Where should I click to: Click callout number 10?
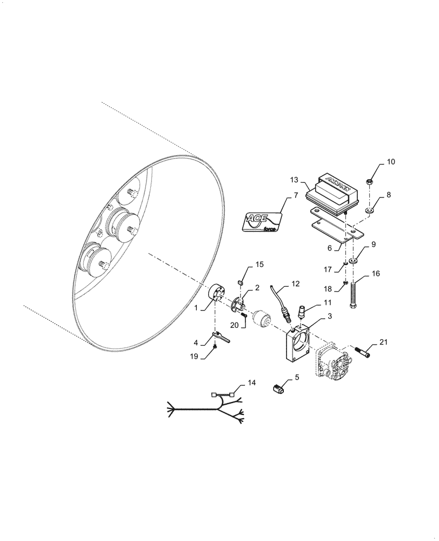[391, 162]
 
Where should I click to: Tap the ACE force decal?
[261, 222]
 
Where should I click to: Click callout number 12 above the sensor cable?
[295, 283]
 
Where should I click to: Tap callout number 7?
[296, 196]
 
